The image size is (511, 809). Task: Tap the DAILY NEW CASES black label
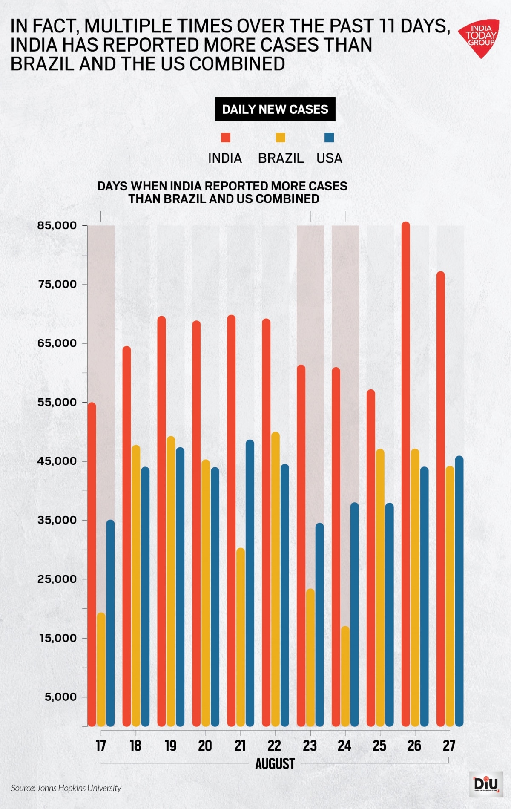tap(275, 109)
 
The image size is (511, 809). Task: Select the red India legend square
tap(225, 138)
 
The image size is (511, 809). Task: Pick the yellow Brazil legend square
tap(280, 138)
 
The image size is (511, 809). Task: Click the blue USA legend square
tap(329, 138)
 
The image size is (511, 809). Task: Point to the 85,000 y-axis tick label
tap(57, 225)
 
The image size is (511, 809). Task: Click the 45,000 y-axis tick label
tap(57, 461)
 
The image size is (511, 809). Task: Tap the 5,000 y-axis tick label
tap(60, 697)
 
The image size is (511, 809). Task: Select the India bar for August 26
tap(406, 473)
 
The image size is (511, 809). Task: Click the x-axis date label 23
tap(310, 746)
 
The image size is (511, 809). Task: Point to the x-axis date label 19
tap(170, 746)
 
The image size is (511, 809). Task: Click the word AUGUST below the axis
tap(275, 763)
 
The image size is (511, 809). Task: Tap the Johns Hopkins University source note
tap(66, 788)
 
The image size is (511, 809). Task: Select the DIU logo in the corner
tap(485, 784)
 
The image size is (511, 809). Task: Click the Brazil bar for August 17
tap(101, 669)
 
